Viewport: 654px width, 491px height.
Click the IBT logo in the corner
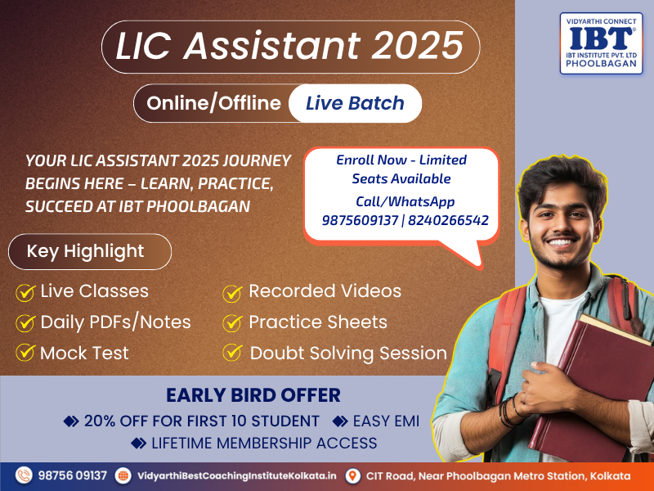pyautogui.click(x=601, y=43)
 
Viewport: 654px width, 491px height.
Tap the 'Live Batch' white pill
pyautogui.click(x=355, y=103)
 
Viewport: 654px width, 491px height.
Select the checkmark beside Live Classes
pyautogui.click(x=25, y=292)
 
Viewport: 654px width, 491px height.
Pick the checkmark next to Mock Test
pyautogui.click(x=25, y=353)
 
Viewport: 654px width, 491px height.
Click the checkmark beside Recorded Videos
pyautogui.click(x=232, y=293)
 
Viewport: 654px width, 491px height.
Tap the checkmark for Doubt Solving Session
pyautogui.click(x=232, y=353)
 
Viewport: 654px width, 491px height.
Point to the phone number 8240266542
pyautogui.click(x=448, y=220)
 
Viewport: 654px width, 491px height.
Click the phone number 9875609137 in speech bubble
pyautogui.click(x=360, y=220)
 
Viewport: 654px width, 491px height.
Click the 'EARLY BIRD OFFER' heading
pyautogui.click(x=253, y=395)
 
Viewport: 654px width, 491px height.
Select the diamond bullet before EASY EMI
pyautogui.click(x=340, y=421)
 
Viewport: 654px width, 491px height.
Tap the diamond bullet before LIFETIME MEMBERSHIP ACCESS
pyautogui.click(x=138, y=443)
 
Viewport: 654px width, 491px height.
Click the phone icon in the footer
pyautogui.click(x=24, y=475)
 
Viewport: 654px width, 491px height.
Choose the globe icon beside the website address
pyautogui.click(x=123, y=475)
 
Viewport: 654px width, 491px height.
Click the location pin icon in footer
pyautogui.click(x=353, y=475)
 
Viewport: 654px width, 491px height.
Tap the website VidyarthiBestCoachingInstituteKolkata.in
pyautogui.click(x=237, y=475)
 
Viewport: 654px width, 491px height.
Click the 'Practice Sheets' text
pyautogui.click(x=318, y=322)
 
